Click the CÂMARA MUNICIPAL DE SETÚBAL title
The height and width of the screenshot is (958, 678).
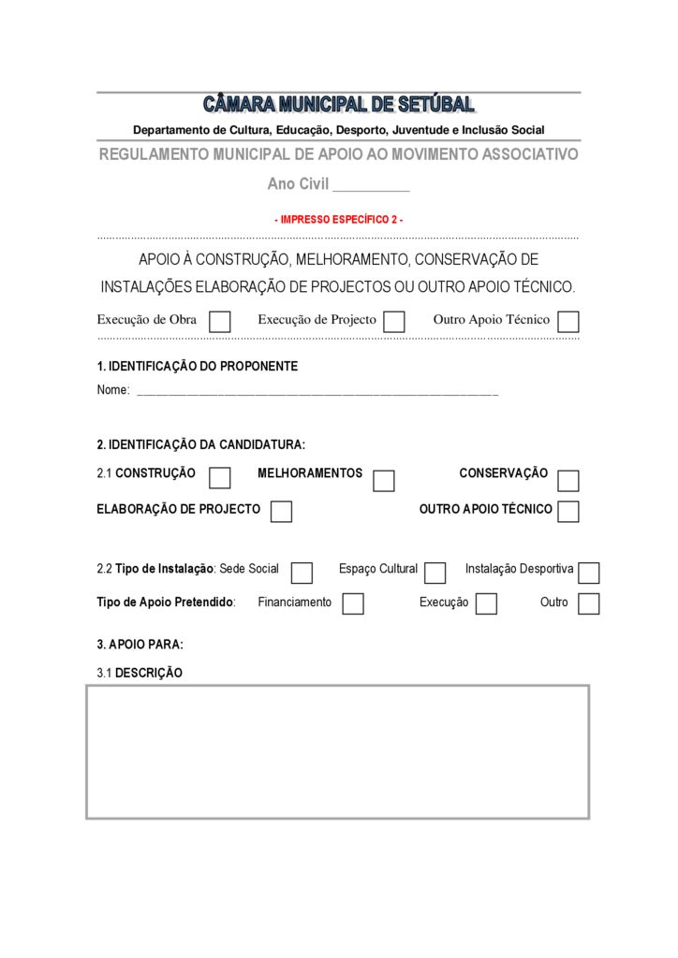click(x=339, y=105)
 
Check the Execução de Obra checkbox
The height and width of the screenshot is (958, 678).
click(x=220, y=322)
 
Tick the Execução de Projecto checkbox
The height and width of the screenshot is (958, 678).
click(x=394, y=322)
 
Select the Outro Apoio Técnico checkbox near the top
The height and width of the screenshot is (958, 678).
click(x=567, y=322)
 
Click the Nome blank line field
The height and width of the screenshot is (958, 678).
click(x=317, y=390)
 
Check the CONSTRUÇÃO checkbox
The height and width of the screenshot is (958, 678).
click(x=220, y=478)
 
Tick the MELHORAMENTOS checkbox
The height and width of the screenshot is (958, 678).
click(x=384, y=481)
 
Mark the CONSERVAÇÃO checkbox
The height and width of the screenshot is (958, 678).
click(x=568, y=481)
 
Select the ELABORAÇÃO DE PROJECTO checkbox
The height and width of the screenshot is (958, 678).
click(x=281, y=512)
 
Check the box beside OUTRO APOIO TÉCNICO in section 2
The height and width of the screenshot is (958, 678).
click(x=568, y=512)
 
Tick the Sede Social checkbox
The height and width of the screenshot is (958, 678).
click(x=302, y=573)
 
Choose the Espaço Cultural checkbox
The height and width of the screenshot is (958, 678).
click(x=435, y=573)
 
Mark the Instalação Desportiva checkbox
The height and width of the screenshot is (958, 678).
click(x=589, y=573)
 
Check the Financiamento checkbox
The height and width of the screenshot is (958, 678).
click(x=353, y=604)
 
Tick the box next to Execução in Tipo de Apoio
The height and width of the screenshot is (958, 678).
click(x=486, y=604)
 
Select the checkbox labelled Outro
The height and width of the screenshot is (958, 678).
click(x=589, y=604)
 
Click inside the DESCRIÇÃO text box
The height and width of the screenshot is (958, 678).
click(x=338, y=752)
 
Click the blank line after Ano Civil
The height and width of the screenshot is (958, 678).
click(x=372, y=185)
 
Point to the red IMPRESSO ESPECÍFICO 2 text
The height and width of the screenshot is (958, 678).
click(x=339, y=220)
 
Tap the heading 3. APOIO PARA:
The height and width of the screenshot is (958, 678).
click(x=140, y=645)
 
